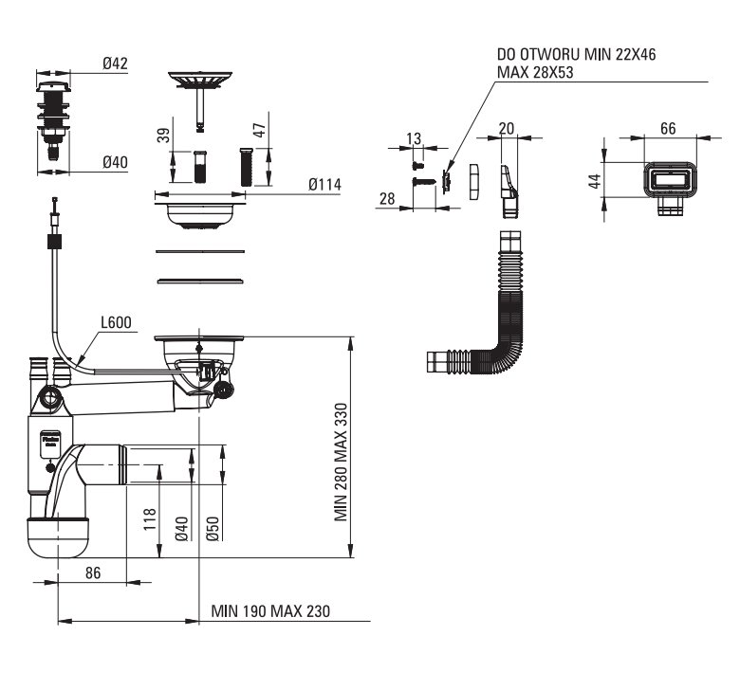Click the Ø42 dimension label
pyautogui.click(x=115, y=64)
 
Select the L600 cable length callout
pyautogui.click(x=117, y=324)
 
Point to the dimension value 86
pyautogui.click(x=93, y=572)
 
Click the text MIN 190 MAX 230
pyautogui.click(x=270, y=611)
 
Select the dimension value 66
pyautogui.click(x=668, y=128)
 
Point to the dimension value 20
pyautogui.click(x=506, y=128)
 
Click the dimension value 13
pyautogui.click(x=414, y=139)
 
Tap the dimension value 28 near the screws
pyautogui.click(x=386, y=198)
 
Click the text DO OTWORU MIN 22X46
pyautogui.click(x=576, y=56)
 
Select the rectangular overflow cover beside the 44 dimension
pyautogui.click(x=673, y=179)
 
